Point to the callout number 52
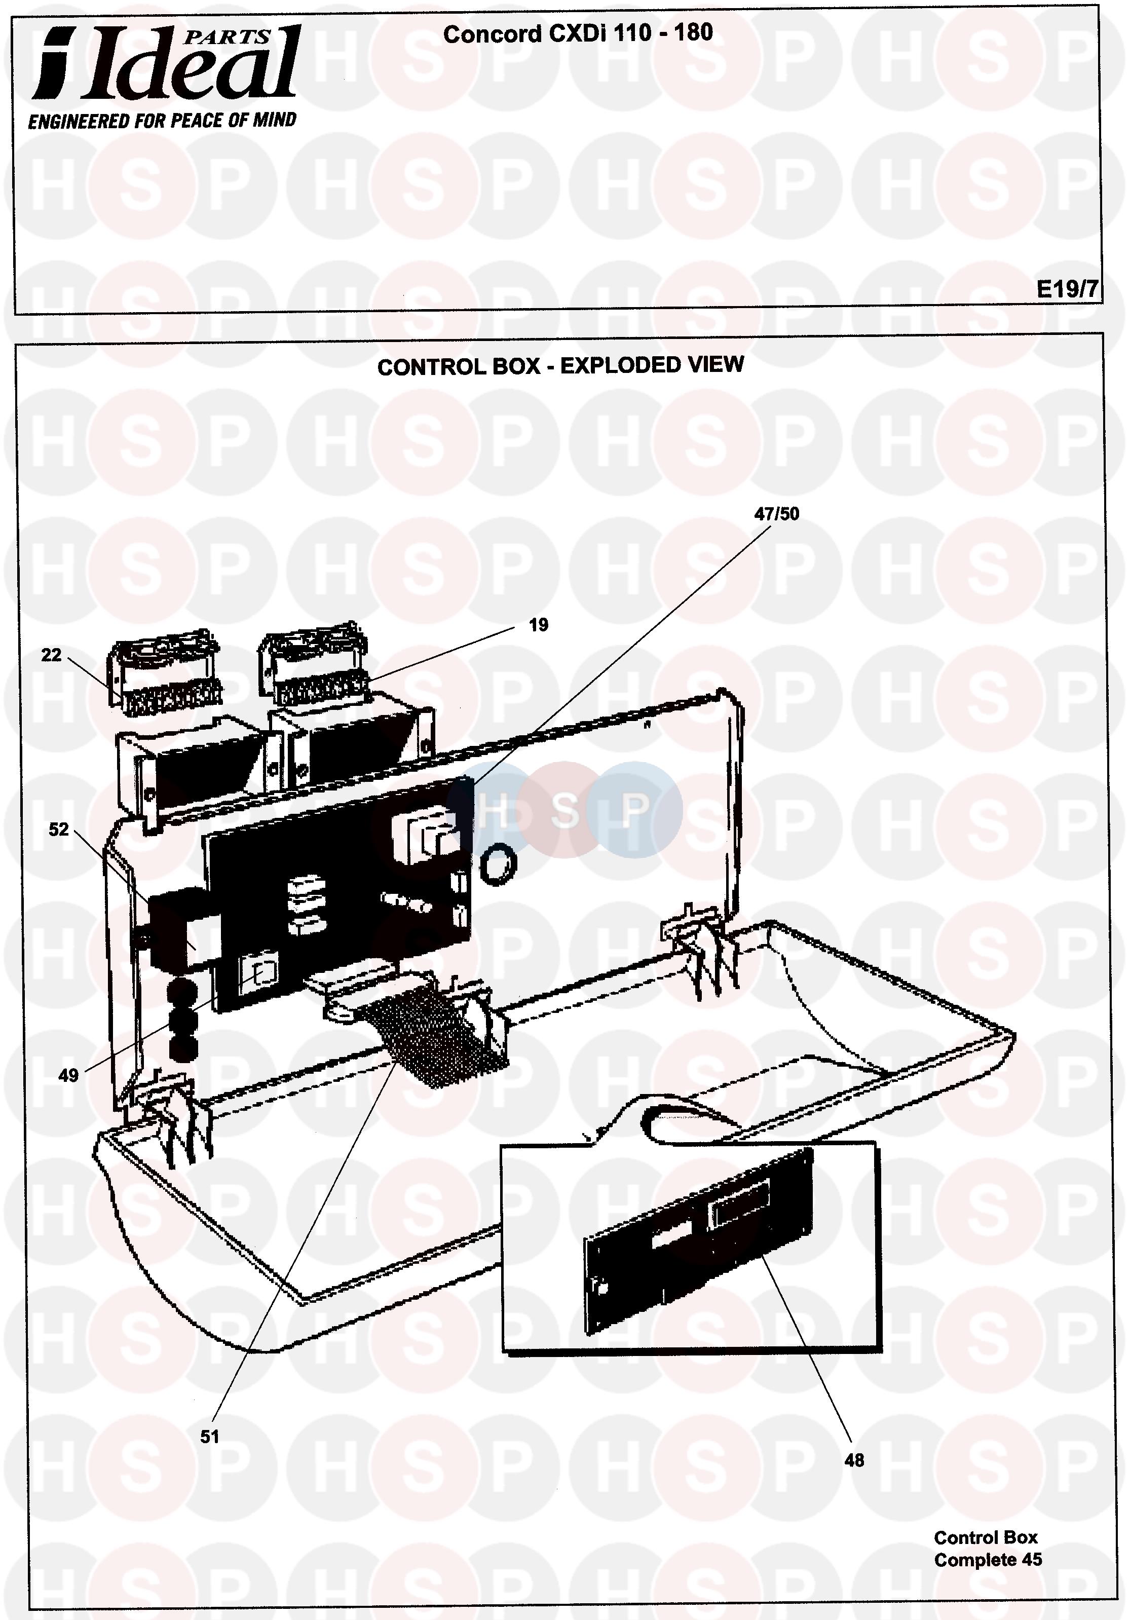point(59,830)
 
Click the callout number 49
point(68,1075)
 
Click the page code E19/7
point(1067,289)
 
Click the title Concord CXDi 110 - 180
point(578,33)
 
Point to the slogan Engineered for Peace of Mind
point(162,121)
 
